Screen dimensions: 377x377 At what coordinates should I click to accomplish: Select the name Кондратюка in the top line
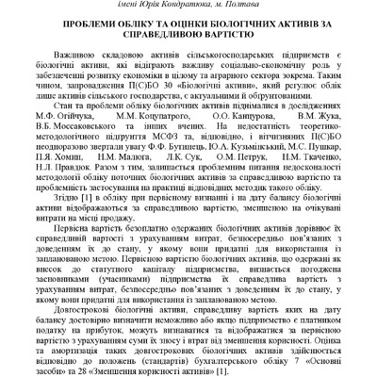point(194,6)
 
